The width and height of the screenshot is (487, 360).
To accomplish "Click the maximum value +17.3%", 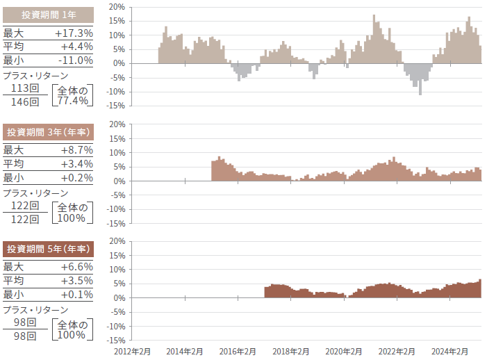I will pyautogui.click(x=74, y=33).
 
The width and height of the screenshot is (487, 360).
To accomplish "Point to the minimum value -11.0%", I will pyautogui.click(x=74, y=60).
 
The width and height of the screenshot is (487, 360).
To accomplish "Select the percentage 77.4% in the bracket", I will pyautogui.click(x=72, y=101).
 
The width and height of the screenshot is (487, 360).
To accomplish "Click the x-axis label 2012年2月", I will pyautogui.click(x=132, y=352).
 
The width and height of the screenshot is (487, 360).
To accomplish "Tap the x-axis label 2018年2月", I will pyautogui.click(x=290, y=352).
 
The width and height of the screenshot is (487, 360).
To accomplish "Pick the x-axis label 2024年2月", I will pyautogui.click(x=449, y=352).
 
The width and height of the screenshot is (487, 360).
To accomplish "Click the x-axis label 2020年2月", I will pyautogui.click(x=344, y=352).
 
